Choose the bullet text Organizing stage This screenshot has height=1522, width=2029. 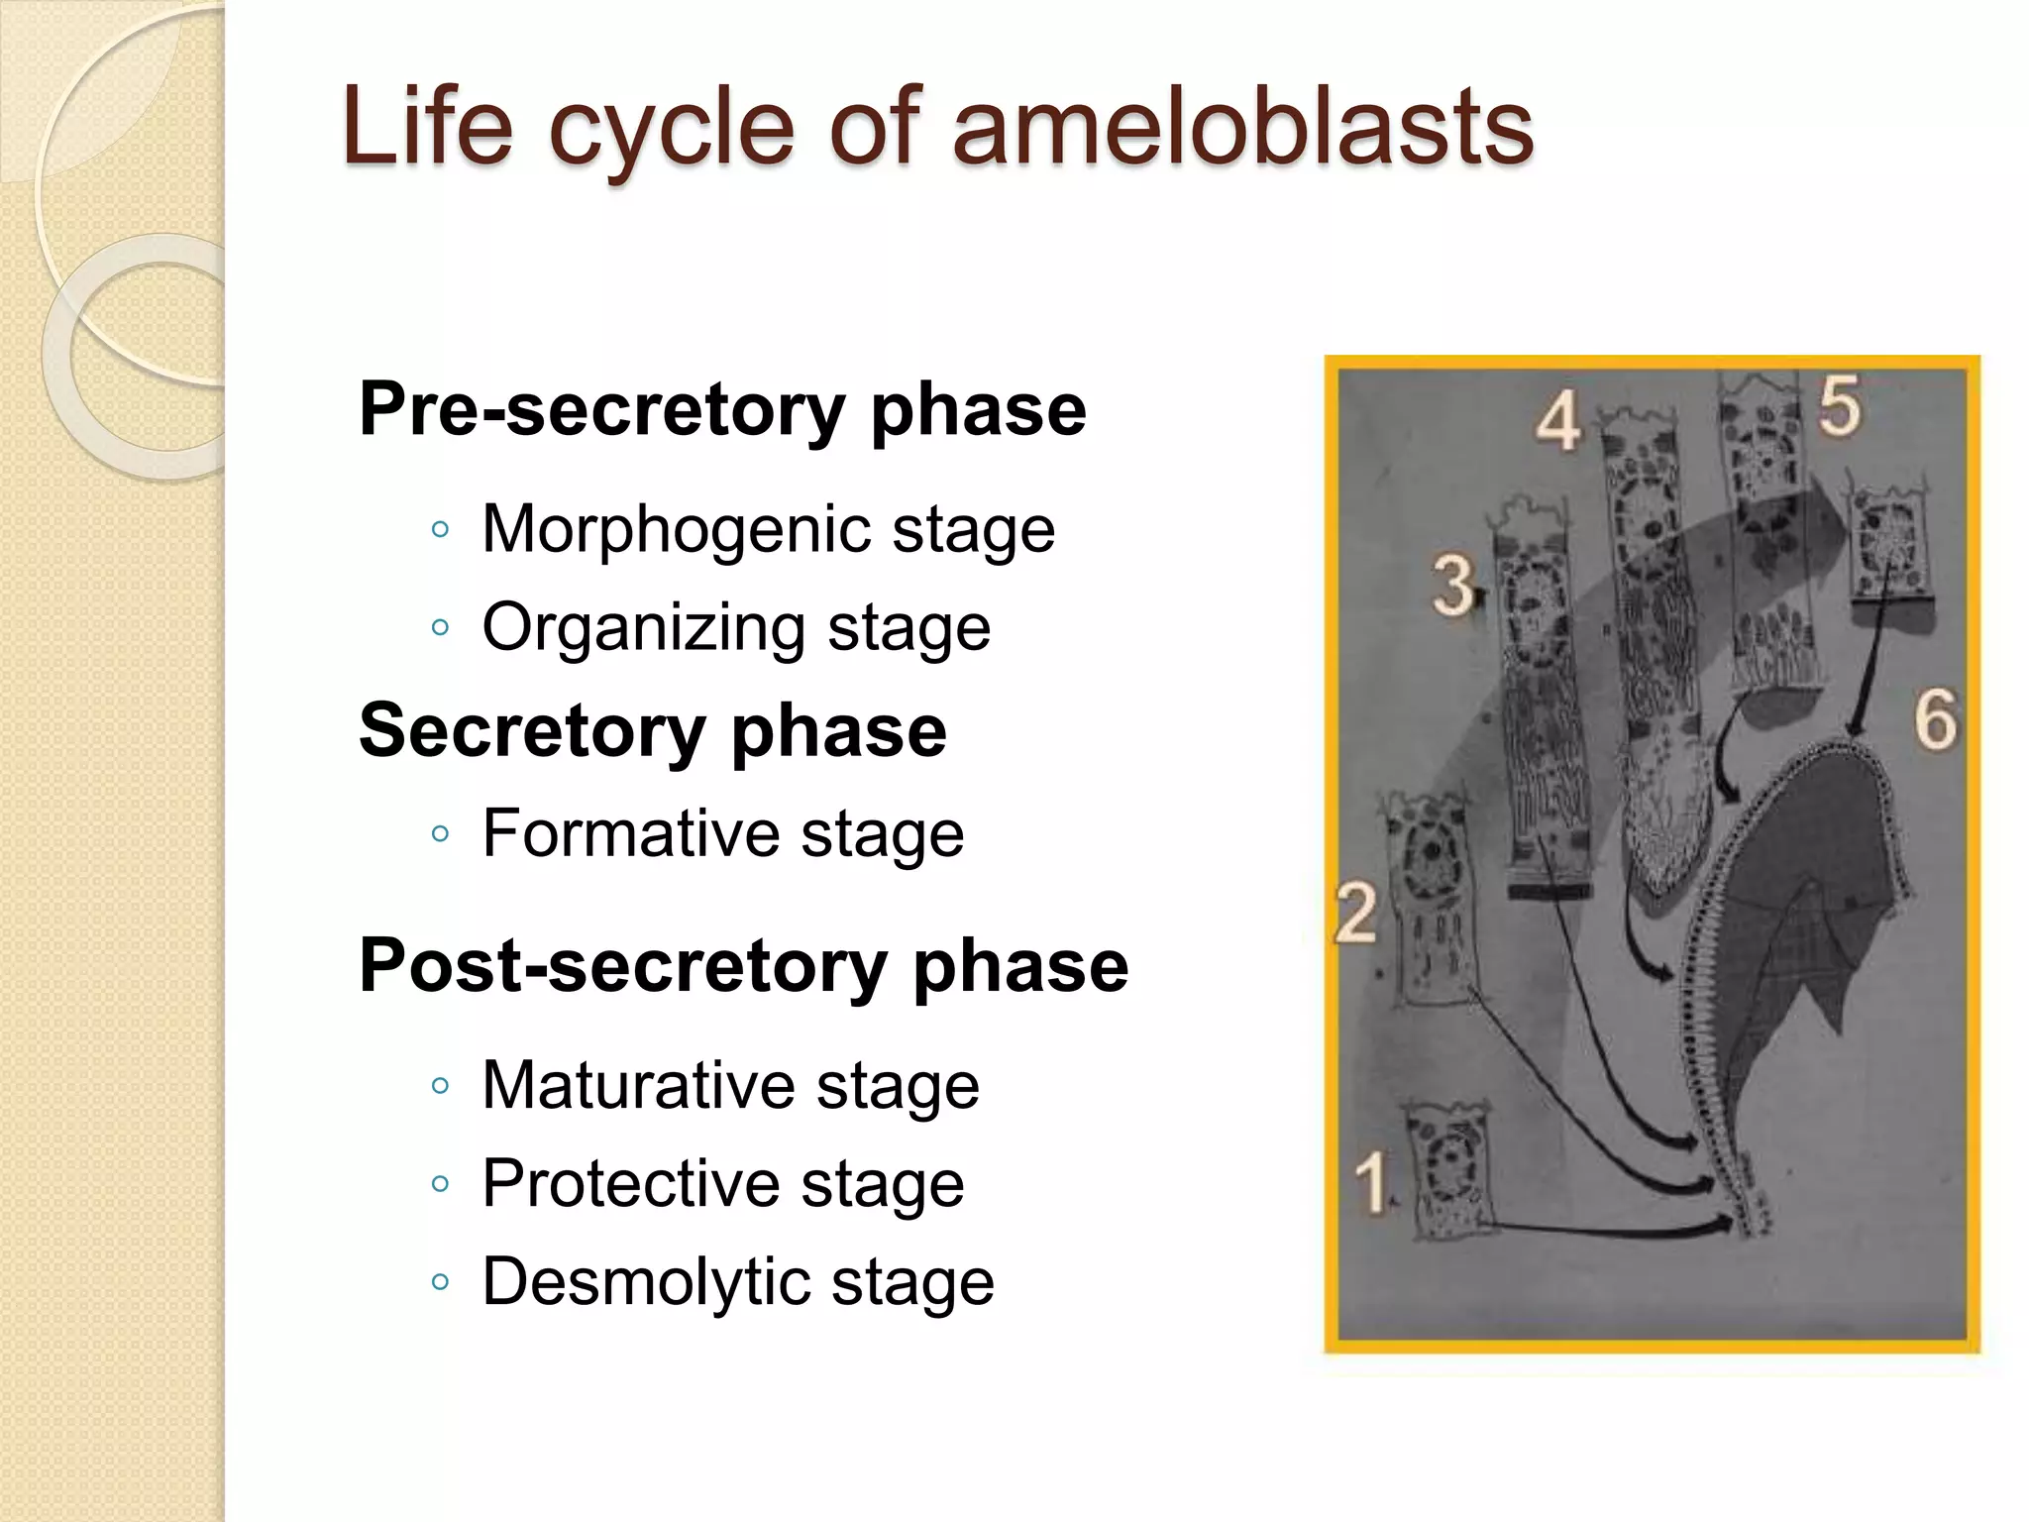pos(736,626)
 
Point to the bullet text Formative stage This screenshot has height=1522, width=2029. pos(722,832)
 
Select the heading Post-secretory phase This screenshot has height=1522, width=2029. pos(743,965)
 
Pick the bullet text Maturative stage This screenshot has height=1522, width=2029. pos(730,1084)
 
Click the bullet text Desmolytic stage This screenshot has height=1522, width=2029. pos(737,1280)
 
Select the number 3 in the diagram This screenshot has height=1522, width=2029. pos(1452,585)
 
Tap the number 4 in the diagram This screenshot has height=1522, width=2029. pos(1558,421)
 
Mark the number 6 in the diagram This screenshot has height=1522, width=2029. pos(1935,719)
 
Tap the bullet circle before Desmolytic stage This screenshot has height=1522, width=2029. pos(441,1281)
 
